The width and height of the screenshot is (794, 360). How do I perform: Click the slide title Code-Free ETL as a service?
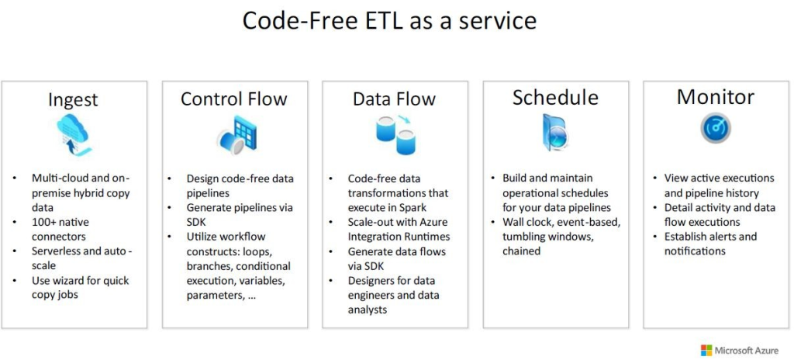tap(389, 22)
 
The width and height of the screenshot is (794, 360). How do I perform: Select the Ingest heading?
tap(73, 100)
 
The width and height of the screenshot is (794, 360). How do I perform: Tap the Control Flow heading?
tap(234, 99)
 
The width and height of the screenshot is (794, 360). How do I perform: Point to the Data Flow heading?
tap(395, 99)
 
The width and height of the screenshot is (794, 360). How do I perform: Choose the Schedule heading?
tap(555, 97)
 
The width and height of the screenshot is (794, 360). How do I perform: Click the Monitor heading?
tap(716, 97)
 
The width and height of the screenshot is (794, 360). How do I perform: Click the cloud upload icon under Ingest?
tap(74, 134)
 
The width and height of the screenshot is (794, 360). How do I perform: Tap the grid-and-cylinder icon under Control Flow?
tap(237, 132)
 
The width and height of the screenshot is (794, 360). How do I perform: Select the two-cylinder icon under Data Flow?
tap(395, 135)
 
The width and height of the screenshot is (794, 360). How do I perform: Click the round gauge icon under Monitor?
tap(716, 128)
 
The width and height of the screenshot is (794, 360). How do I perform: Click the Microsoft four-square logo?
tap(706, 351)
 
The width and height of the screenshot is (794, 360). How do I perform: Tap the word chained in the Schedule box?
tap(522, 251)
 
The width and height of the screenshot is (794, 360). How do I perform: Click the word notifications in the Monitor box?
tap(695, 251)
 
